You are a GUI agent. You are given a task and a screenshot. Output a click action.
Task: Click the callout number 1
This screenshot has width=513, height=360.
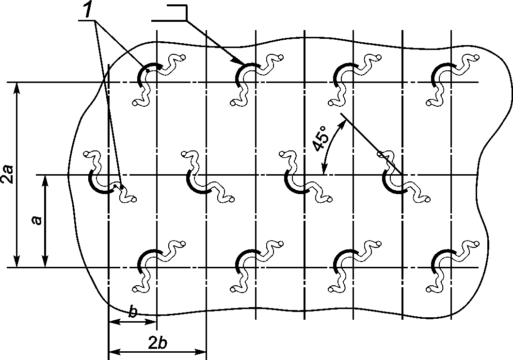pyautogui.click(x=88, y=11)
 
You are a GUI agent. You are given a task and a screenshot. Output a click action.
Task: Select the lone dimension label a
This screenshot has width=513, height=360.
pyautogui.click(x=37, y=221)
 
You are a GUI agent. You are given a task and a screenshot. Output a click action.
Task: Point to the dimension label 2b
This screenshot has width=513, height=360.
pyautogui.click(x=157, y=343)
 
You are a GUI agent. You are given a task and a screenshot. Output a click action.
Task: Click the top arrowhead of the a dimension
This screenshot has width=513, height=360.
pyautogui.click(x=45, y=180)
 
